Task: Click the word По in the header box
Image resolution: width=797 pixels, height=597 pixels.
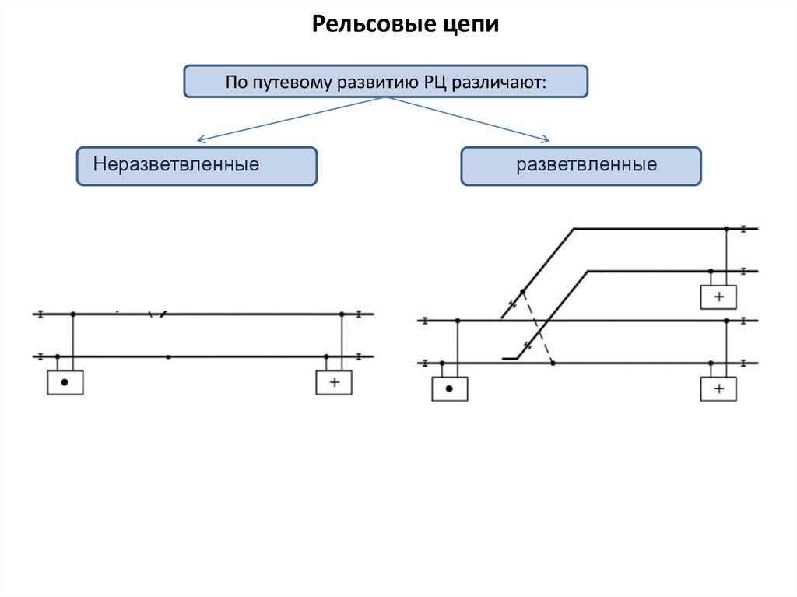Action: [236, 82]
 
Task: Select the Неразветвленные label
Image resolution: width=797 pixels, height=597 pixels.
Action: [176, 165]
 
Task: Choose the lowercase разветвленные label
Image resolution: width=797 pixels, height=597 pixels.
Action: [587, 165]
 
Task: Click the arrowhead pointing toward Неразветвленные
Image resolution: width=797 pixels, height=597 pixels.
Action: [200, 141]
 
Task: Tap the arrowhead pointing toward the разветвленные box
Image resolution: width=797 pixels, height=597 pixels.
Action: [546, 140]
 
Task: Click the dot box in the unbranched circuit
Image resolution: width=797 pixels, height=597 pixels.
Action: [65, 382]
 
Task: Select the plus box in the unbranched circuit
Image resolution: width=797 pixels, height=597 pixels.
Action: [334, 382]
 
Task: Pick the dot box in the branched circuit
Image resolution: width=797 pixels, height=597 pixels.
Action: [450, 388]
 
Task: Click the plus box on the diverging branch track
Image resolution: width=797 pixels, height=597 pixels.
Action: [718, 297]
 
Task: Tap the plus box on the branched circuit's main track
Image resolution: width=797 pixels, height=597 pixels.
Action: [718, 388]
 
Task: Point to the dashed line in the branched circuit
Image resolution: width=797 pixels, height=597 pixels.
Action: [537, 328]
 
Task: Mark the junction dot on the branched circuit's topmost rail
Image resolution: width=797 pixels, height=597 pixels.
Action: [726, 229]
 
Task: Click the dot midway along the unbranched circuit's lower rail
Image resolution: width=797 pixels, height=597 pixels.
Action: [169, 356]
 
